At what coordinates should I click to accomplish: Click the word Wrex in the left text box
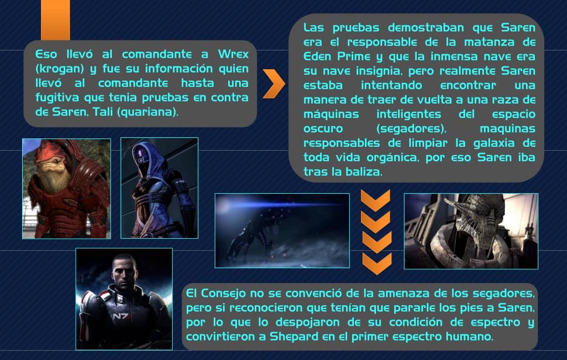tap(233, 54)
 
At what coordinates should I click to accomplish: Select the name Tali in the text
tap(102, 112)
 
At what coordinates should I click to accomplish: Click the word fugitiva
tap(57, 97)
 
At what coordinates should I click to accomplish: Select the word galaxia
tap(494, 143)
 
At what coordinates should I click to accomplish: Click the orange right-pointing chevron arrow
tap(274, 84)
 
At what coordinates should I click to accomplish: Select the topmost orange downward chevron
tap(376, 200)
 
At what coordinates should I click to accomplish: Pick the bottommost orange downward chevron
tap(377, 264)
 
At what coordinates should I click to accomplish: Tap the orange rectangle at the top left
tap(55, 20)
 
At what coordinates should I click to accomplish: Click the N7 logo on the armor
tap(120, 316)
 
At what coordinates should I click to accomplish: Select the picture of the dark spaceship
tap(282, 230)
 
